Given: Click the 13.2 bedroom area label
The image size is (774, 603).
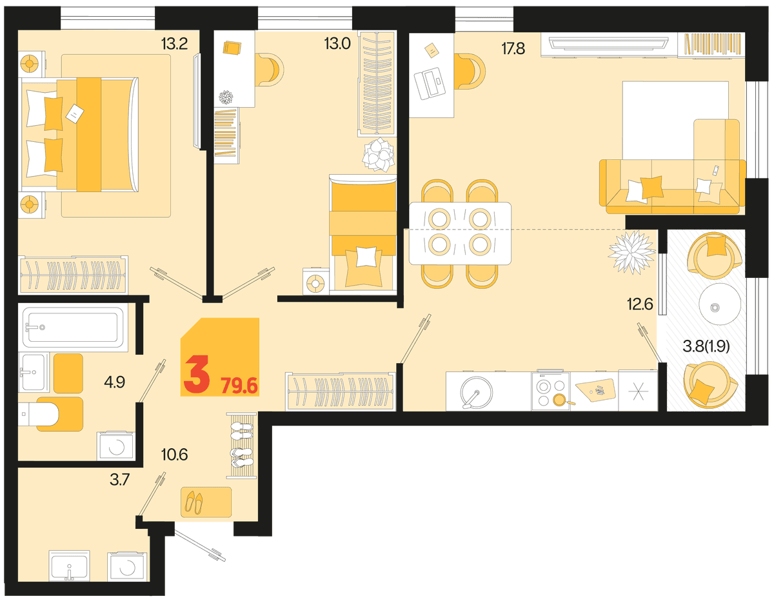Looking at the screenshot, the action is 174,44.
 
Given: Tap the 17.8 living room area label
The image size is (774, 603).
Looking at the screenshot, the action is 513,48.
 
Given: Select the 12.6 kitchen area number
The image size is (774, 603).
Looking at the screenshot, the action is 640,304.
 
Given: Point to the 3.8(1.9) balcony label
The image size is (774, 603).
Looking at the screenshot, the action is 706,346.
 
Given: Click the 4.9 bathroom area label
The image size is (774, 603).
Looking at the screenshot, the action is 115,382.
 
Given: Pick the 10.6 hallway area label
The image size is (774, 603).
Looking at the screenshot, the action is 175,455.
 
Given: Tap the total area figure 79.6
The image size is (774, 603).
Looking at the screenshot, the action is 239,386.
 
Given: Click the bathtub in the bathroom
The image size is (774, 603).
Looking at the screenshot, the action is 73,328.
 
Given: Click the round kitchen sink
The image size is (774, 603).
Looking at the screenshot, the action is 476,393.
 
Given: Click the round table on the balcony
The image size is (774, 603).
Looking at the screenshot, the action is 720,304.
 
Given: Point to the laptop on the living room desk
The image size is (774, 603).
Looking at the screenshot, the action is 430,83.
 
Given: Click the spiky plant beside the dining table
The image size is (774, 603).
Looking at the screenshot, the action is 631,252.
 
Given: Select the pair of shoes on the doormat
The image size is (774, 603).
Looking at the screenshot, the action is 194,502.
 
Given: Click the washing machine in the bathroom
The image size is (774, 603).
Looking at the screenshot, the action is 115,446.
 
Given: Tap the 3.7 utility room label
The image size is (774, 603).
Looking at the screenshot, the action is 119,480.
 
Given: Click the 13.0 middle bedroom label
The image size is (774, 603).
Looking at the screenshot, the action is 337,43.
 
